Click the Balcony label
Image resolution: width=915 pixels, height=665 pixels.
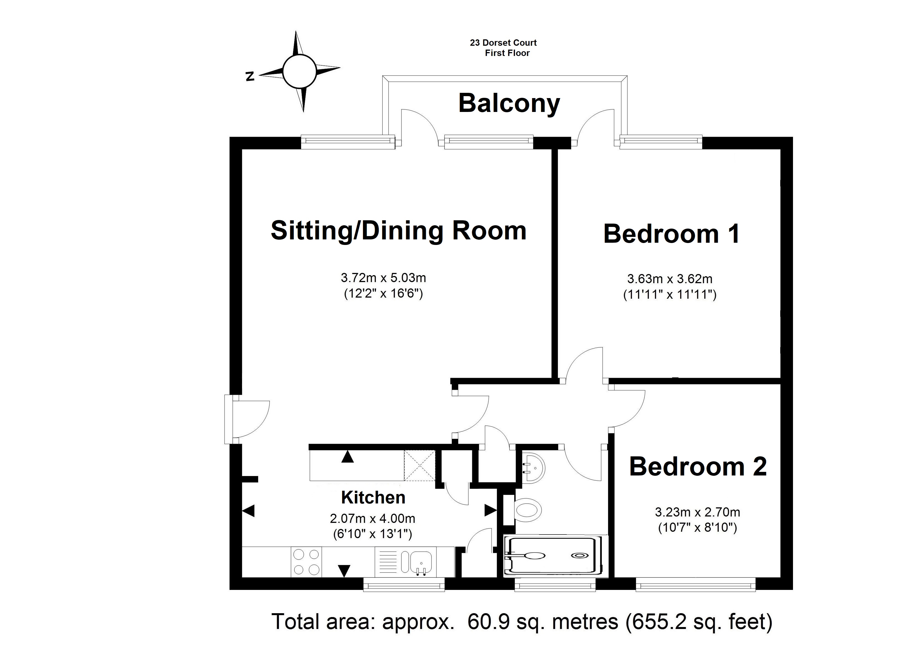pyautogui.click(x=509, y=104)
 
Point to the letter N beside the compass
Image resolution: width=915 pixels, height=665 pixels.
pyautogui.click(x=250, y=76)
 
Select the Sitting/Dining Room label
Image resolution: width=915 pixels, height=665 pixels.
pyautogui.click(x=399, y=231)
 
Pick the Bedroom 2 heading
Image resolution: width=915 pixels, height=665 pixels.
pyautogui.click(x=698, y=467)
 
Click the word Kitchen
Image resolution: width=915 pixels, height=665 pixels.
pyautogui.click(x=373, y=498)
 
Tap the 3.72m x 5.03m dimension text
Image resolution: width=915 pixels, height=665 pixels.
pyautogui.click(x=383, y=278)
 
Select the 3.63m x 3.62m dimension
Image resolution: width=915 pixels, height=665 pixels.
pyautogui.click(x=670, y=279)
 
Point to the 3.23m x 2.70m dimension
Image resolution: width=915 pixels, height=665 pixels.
pyautogui.click(x=698, y=512)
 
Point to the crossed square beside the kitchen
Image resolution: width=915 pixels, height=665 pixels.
pyautogui.click(x=420, y=466)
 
